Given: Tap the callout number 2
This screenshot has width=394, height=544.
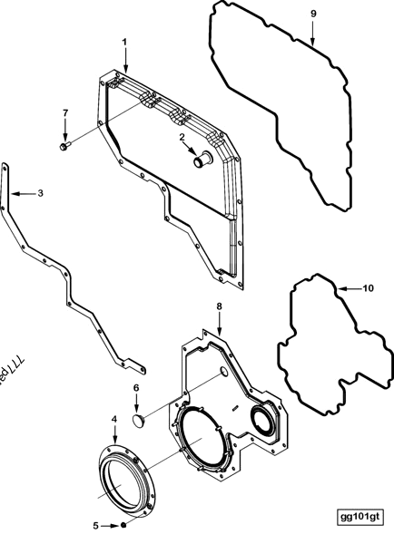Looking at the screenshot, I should [182, 137].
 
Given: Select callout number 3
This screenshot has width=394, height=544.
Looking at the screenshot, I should [40, 192].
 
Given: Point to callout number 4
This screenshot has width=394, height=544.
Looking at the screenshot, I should [113, 419].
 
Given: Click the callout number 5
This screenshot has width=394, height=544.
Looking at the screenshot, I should [96, 525].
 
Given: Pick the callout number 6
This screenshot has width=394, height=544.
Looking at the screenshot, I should [136, 387].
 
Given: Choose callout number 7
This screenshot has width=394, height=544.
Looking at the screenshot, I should [64, 112].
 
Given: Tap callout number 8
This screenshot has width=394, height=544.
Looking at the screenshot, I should [219, 306].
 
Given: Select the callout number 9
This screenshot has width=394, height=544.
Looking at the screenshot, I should [313, 15].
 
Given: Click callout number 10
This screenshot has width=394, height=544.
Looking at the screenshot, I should [368, 288].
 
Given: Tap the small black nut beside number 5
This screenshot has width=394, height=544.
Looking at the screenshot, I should [124, 525].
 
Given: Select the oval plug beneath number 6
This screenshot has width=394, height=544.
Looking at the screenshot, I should [139, 420].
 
